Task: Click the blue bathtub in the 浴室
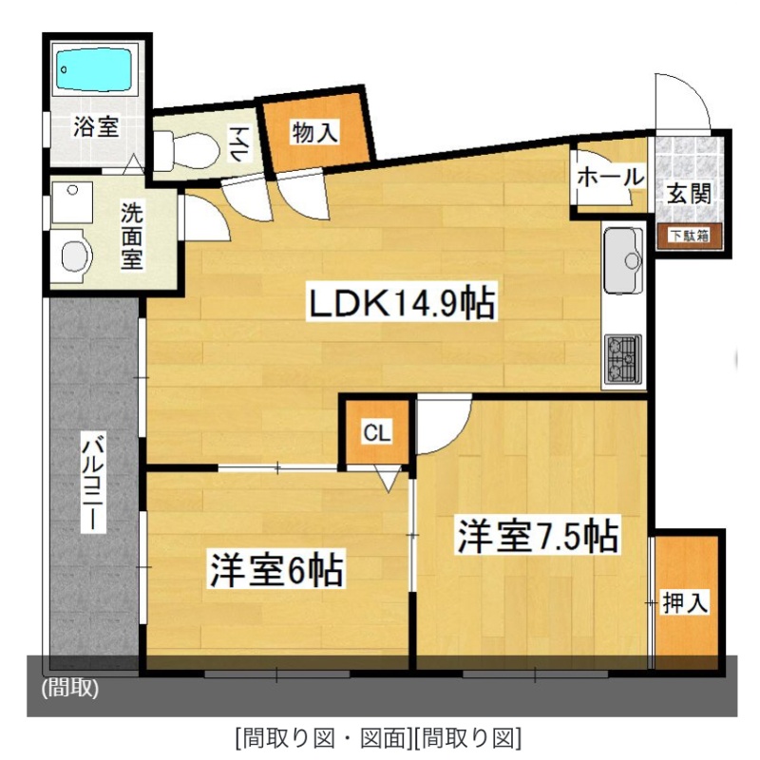[93, 68]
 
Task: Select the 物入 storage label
[315, 132]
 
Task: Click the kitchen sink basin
[623, 260]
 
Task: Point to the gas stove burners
[623, 358]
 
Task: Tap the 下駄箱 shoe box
[689, 236]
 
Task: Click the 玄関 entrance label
[690, 194]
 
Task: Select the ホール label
[610, 177]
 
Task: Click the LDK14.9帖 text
[402, 303]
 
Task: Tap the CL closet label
[376, 433]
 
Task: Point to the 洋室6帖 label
[276, 569]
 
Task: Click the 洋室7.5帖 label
[538, 536]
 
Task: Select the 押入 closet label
[685, 602]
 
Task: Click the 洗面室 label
[131, 236]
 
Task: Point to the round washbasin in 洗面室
[77, 256]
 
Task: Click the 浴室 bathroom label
[96, 127]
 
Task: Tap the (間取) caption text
[70, 687]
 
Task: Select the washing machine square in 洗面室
[72, 202]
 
